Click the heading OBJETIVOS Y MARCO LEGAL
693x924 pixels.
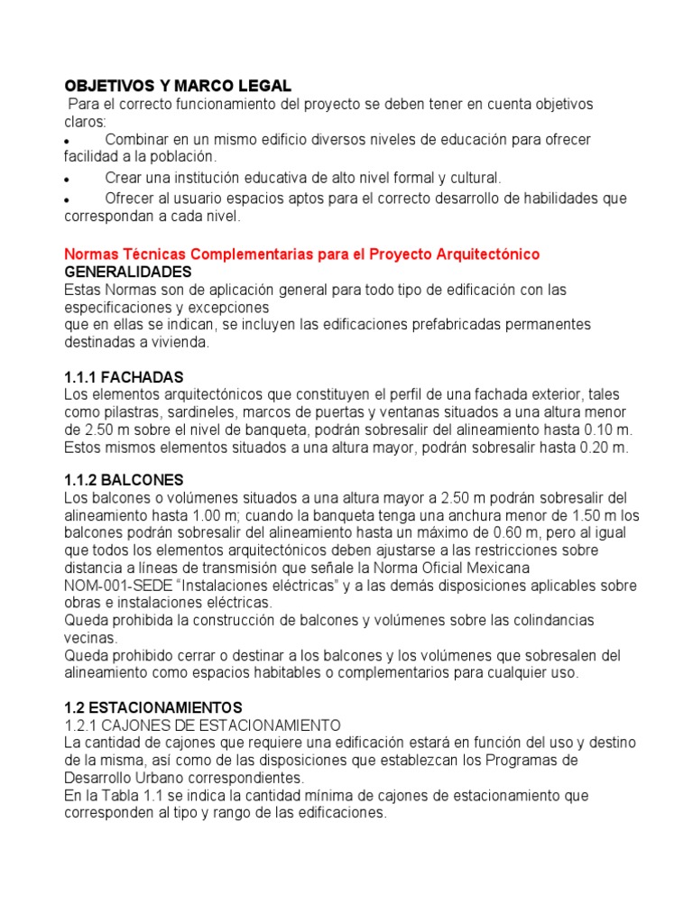[178, 86]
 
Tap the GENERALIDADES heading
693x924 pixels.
[127, 272]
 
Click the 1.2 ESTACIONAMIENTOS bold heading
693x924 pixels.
[153, 707]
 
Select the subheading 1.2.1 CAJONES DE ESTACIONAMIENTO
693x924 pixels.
[202, 725]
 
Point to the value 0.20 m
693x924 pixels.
[605, 448]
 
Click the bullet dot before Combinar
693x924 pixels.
[69, 143]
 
